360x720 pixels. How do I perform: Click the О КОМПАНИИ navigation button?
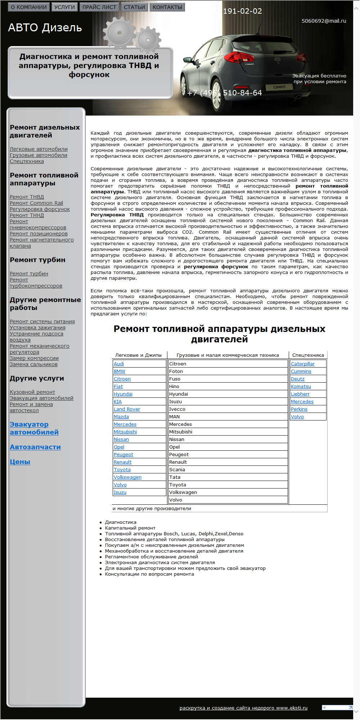pos(29,7)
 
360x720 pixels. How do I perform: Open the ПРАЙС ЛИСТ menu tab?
pos(99,7)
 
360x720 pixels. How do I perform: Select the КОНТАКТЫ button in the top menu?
pos(167,7)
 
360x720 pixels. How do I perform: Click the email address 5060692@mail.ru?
pos(324,21)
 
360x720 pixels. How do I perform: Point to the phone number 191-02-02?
pos(242,11)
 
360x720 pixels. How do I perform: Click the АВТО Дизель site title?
pos(45,28)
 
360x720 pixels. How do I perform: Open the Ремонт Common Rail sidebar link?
pos(36,203)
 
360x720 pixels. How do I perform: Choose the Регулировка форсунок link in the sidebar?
pos(40,209)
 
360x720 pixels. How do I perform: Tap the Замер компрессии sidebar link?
pos(34,358)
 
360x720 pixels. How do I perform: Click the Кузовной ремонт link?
pos(32,392)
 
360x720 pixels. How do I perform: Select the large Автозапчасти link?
pos(35,447)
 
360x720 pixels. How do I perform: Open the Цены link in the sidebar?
pos(20,462)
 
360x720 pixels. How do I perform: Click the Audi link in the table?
pos(119,364)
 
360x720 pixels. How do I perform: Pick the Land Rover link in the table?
pos(127,409)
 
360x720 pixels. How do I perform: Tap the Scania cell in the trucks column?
pos(177,470)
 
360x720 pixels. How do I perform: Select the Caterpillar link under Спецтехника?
pos(303,364)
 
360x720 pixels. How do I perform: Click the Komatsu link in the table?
pos(301,387)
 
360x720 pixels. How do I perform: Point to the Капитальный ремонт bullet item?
pos(130,528)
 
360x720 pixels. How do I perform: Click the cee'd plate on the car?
pos(279,87)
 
